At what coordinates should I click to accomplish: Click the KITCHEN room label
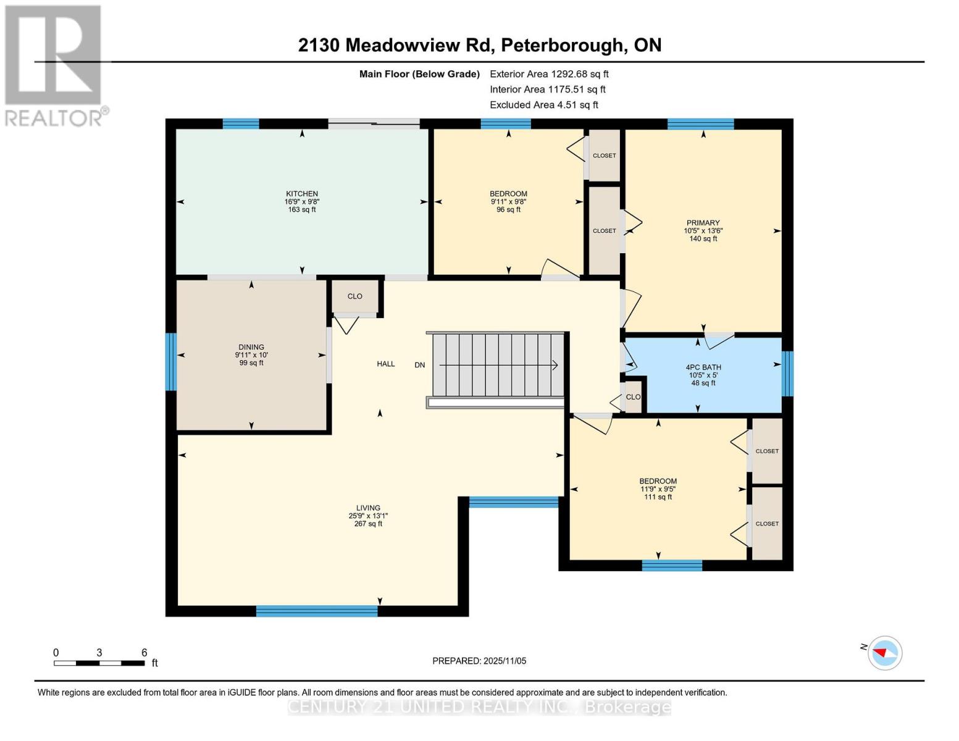[x=301, y=194]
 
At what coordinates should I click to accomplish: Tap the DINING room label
[x=251, y=347]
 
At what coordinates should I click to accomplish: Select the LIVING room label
[x=368, y=508]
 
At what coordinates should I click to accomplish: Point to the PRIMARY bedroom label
[x=703, y=223]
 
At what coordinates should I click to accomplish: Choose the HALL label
[x=386, y=364]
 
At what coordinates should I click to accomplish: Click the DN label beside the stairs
[x=420, y=365]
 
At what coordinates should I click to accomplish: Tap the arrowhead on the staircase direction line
[x=555, y=365]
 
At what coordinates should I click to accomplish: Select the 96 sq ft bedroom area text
[x=508, y=209]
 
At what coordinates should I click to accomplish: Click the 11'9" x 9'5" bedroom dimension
[x=658, y=489]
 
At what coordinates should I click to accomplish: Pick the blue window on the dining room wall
[x=170, y=362]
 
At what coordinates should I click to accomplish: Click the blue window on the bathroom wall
[x=787, y=373]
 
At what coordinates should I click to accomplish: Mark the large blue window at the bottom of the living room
[x=317, y=611]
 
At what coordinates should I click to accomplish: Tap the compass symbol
[x=884, y=653]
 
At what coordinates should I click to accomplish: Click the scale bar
[x=99, y=663]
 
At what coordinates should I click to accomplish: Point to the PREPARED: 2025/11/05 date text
[x=479, y=661]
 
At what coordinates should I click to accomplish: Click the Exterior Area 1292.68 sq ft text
[x=549, y=74]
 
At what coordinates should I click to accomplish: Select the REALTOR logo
[x=54, y=65]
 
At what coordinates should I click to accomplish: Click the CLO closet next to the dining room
[x=354, y=296]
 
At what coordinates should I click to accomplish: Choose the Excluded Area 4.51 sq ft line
[x=543, y=105]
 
